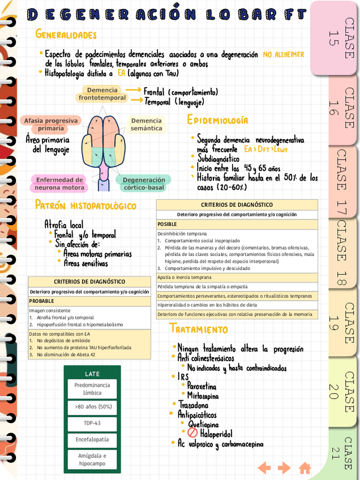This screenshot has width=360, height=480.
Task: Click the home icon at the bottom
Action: [305, 468]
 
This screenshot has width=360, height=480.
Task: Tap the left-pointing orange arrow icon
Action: [264, 468]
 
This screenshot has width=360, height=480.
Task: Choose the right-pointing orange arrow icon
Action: [284, 468]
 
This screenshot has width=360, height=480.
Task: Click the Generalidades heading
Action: [66, 35]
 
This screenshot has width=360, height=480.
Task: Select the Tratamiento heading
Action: [198, 329]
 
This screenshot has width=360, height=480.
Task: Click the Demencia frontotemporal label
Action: [102, 94]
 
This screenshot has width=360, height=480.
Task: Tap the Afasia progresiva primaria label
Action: [51, 125]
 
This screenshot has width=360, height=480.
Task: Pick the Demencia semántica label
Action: [146, 125]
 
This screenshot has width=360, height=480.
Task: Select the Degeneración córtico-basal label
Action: [144, 183]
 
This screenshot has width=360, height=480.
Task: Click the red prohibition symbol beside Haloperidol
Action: [192, 434]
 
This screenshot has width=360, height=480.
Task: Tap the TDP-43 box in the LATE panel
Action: [92, 423]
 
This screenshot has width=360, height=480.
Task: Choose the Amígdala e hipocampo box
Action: [92, 460]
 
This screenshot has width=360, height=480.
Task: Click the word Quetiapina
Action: [203, 425]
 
